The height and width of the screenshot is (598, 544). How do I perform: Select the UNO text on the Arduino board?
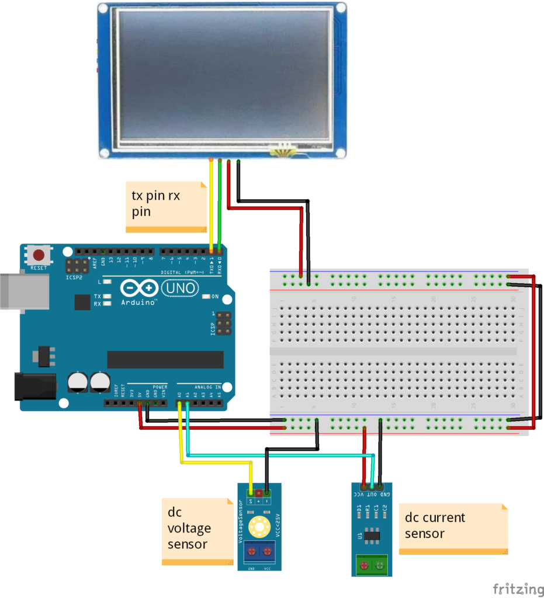pyautogui.click(x=179, y=288)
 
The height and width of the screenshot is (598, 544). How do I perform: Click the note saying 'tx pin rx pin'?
pyautogui.click(x=166, y=206)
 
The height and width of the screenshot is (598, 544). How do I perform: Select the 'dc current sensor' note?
pyautogui.click(x=453, y=528)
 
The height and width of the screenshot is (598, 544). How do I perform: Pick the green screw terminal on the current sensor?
pyautogui.click(x=372, y=565)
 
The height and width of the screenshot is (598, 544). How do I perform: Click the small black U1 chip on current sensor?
pyautogui.click(x=373, y=535)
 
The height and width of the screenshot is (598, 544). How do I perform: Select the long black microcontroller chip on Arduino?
pyautogui.click(x=165, y=360)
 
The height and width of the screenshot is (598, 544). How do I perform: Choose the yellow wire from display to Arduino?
pyautogui.click(x=211, y=204)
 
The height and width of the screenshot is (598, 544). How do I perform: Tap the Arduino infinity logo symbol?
pyautogui.click(x=139, y=289)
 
